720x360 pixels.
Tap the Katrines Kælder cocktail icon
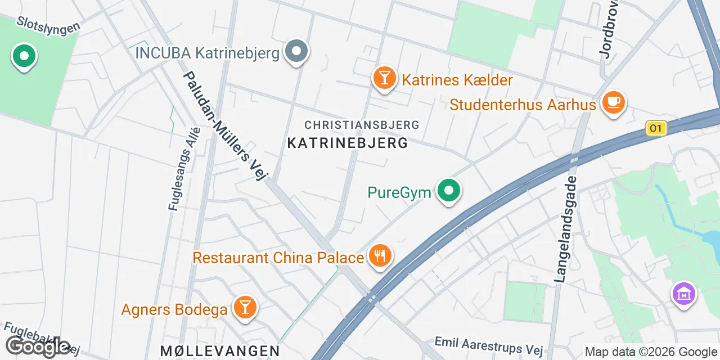pos(384,78)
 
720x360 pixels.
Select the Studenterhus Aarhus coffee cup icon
pos(614,103)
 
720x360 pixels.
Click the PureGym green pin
pos(448,191)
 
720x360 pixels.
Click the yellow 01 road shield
pos(655,128)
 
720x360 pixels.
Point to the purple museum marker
pos(684,294)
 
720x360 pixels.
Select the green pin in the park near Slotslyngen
pos(24,57)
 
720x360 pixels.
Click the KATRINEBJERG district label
pos(348,143)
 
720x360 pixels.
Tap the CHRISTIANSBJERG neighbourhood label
pos(362,124)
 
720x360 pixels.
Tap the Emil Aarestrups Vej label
pos(489,346)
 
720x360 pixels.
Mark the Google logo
pos(38,346)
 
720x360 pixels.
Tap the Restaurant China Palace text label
pos(278,258)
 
